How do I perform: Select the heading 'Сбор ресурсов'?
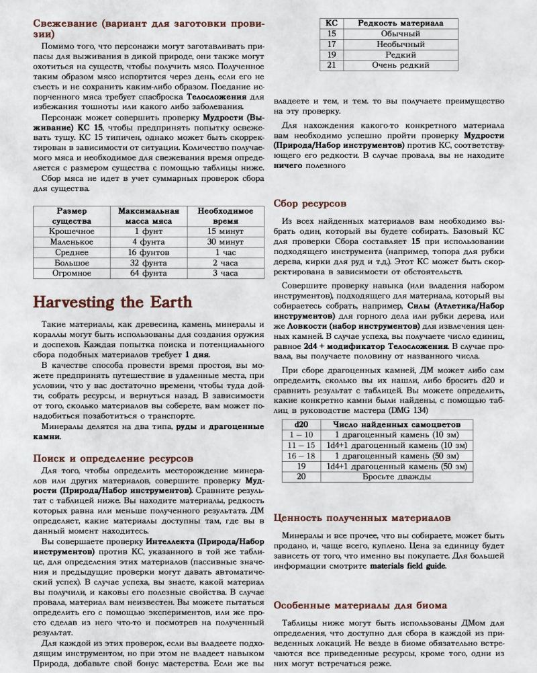[311, 202]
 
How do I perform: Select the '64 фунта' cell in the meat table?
[148, 274]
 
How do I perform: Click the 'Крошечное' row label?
[72, 231]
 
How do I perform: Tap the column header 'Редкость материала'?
[400, 23]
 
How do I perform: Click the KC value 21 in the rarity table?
[331, 65]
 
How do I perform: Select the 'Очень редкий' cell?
[400, 65]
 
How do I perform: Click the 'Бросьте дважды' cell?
[393, 476]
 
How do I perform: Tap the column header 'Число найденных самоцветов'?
[393, 424]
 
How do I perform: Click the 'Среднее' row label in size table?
[72, 252]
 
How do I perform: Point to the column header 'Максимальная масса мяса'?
[148, 216]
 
